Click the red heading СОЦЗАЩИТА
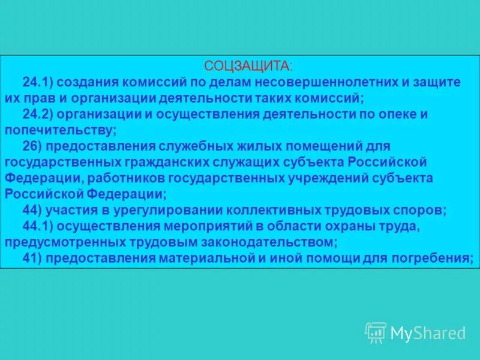pos(248,65)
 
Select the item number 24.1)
pos(40,82)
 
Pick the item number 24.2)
pos(40,114)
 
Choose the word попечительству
pos(59,130)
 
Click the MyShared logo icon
pos(376,332)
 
